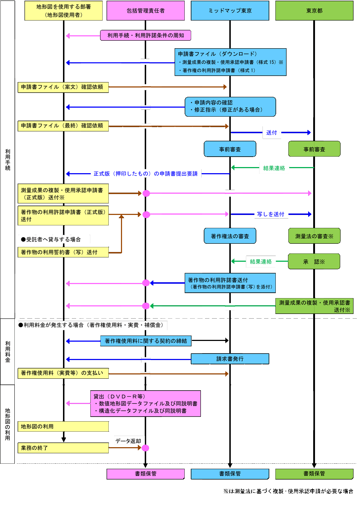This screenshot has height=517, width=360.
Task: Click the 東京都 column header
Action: click(314, 11)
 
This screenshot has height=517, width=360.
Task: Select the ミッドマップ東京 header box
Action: click(230, 11)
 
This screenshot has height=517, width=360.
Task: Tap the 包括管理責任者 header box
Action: click(145, 11)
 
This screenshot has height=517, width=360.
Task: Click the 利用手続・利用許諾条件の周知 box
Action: click(145, 35)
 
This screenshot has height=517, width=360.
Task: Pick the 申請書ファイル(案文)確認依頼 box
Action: click(63, 87)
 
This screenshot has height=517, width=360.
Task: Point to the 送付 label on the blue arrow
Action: click(271, 132)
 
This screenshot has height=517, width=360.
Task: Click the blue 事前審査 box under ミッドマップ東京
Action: click(230, 149)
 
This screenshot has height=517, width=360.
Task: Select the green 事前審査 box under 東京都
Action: click(314, 149)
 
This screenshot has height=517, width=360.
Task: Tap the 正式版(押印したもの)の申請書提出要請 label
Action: click(145, 174)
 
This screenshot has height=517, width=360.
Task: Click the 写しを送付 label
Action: click(271, 214)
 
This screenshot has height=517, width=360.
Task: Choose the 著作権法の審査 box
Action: click(230, 236)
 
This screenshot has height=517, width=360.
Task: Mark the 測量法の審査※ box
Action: click(314, 236)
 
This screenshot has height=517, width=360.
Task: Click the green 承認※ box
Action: click(314, 262)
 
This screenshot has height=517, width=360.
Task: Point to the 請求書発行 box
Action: click(230, 359)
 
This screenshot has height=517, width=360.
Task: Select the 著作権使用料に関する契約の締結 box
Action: click(145, 341)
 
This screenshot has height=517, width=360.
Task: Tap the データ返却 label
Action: click(129, 441)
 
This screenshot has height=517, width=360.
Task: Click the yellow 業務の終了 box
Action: click(63, 448)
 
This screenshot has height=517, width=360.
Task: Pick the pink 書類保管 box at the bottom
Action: click(145, 474)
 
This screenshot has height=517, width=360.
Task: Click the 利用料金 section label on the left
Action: click(8, 351)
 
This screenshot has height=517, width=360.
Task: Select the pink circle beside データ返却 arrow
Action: click(145, 448)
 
